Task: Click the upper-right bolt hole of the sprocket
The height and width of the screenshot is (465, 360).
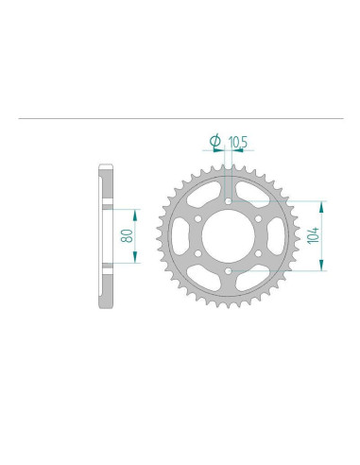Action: tap(261, 218)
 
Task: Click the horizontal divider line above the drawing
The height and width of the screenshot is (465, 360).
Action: tap(180, 119)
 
